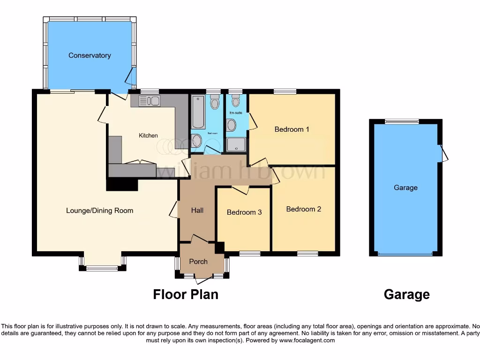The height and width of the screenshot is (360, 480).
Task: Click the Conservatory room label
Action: (90, 55)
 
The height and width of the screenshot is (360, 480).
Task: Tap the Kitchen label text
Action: (148, 135)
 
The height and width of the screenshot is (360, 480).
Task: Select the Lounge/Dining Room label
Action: (99, 210)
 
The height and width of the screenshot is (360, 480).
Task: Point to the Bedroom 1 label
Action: (292, 129)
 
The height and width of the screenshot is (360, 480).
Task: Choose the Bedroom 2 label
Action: (304, 209)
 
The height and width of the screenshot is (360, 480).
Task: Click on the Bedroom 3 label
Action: (244, 212)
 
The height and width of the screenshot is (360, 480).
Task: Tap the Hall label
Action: (197, 210)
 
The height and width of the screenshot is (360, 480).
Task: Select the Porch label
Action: (198, 261)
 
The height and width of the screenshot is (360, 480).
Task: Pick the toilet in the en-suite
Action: (236, 100)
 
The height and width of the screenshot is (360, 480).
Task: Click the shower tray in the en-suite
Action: (236, 144)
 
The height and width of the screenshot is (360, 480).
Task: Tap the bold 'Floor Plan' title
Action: (186, 294)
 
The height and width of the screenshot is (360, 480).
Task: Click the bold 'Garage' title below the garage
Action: (406, 294)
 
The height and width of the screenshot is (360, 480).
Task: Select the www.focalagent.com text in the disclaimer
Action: (307, 340)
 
